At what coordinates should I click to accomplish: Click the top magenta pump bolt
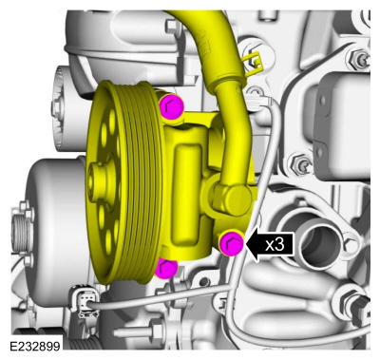(172, 106)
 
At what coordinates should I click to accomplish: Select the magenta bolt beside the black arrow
(232, 243)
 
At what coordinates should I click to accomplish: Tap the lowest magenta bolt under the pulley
(166, 268)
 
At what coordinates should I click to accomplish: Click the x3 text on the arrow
(275, 245)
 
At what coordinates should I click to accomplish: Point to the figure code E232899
(35, 346)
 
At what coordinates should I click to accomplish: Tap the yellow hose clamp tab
(255, 64)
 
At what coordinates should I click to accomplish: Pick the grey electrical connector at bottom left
(85, 301)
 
